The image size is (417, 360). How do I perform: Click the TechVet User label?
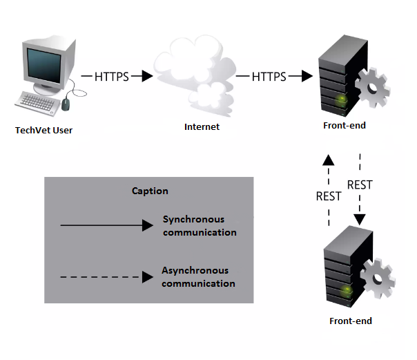coord(44,130)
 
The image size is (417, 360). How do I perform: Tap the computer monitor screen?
coord(44,66)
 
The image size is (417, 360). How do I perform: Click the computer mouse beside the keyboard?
coord(66,104)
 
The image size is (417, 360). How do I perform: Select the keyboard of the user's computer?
coord(37,104)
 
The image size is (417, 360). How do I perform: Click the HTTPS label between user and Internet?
coord(112,77)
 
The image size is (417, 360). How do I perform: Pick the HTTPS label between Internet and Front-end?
coord(269,77)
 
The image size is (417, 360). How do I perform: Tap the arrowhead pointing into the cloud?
coord(147,76)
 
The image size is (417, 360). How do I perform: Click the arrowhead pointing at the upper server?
coord(307,76)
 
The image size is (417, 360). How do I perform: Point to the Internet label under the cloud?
coord(202,126)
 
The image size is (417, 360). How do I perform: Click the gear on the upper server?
coord(372,88)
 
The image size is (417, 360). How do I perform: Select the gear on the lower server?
coord(378,279)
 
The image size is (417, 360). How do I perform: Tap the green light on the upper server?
coord(341,100)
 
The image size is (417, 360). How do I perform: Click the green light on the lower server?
coord(347,291)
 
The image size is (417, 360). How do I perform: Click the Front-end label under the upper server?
coord(345,125)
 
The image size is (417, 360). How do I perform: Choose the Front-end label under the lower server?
coord(351,321)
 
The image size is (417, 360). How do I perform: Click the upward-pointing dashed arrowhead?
coord(329,160)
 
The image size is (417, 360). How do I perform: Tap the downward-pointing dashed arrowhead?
coord(360,220)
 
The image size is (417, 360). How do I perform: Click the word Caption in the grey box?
coord(150,191)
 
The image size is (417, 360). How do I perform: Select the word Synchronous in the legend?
coord(193,219)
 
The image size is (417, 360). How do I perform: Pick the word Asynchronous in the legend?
coord(195,271)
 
